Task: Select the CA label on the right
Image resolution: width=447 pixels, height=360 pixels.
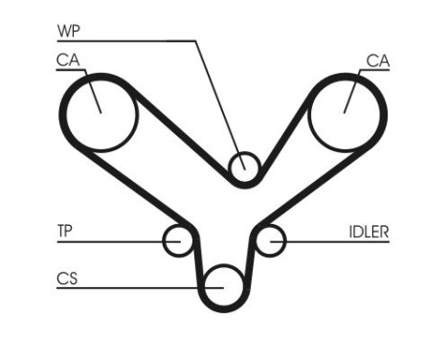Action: coord(378,61)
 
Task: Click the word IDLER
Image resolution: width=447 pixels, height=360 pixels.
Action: coord(369,231)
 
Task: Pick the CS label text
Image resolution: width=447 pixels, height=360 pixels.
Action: coord(67,279)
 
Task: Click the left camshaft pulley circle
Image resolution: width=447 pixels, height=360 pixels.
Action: coord(100,114)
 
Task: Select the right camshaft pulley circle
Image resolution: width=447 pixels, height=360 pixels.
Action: coord(346,114)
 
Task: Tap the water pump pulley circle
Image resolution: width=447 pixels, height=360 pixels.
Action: coord(245,167)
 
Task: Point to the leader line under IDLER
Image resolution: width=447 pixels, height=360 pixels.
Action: coord(335,241)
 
